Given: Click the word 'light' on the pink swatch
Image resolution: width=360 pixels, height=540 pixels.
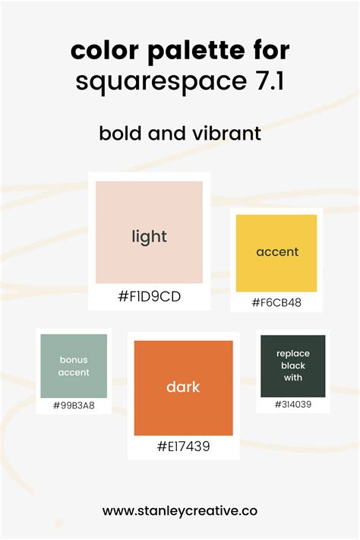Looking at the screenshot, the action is [149, 237].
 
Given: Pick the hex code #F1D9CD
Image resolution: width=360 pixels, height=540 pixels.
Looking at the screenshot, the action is [149, 296].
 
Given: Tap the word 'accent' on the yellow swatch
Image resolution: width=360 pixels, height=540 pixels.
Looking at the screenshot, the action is [277, 251].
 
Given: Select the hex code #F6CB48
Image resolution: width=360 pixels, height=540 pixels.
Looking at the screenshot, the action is [276, 303].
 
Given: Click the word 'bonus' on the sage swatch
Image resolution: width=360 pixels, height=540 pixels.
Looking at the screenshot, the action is [74, 359].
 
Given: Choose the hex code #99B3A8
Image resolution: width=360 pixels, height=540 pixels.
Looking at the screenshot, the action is [74, 406].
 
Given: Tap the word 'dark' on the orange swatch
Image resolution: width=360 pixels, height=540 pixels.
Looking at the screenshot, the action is [183, 387].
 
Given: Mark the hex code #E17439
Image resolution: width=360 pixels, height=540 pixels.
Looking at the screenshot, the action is [183, 447].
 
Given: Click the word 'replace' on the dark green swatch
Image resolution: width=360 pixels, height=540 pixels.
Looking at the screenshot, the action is [293, 354].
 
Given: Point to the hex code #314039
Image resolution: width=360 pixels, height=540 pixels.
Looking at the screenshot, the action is [293, 404].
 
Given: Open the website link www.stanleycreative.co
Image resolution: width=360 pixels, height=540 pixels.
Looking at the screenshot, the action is [180, 510].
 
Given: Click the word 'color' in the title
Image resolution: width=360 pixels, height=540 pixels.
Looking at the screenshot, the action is [105, 51].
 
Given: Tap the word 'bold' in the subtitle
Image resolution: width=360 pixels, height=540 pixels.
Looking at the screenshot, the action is [120, 133].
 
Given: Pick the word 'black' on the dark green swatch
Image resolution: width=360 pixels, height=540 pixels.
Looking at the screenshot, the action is [293, 365].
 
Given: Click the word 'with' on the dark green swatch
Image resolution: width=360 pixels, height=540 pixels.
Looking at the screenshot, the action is [293, 377].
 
